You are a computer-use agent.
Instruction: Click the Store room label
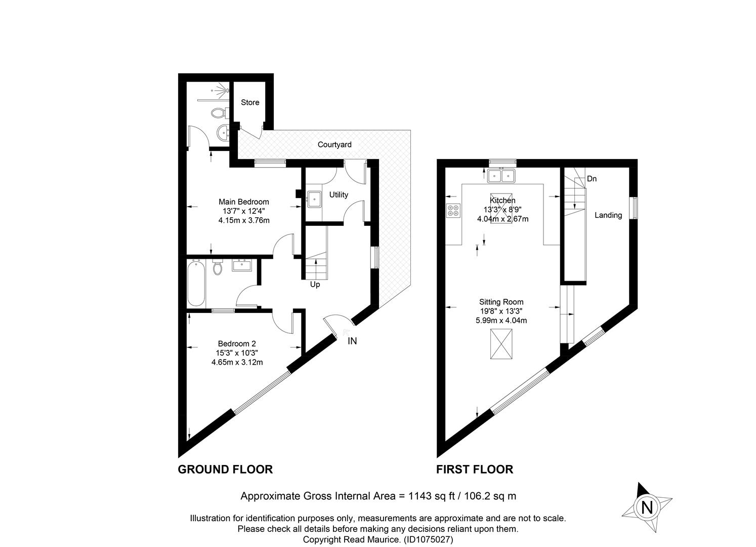tap(250, 102)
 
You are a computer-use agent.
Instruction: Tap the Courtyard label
tap(334, 145)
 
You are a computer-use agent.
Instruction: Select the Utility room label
tap(339, 194)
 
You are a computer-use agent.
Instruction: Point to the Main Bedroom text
tap(244, 202)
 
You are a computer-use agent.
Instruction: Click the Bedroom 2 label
tap(237, 343)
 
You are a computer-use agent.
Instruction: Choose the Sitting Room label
tap(501, 302)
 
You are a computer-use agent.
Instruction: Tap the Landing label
tap(608, 215)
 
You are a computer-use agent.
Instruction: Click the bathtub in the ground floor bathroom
tap(196, 283)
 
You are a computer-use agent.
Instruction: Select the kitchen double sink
tap(501, 175)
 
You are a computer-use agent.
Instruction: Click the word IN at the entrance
tap(352, 341)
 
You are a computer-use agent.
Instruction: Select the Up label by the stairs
tap(315, 285)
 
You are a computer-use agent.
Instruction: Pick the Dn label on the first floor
tap(592, 179)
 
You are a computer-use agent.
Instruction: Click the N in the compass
tap(647, 508)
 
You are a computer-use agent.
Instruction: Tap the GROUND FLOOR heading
tap(225, 470)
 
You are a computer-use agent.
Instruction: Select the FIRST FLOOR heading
tap(475, 470)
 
